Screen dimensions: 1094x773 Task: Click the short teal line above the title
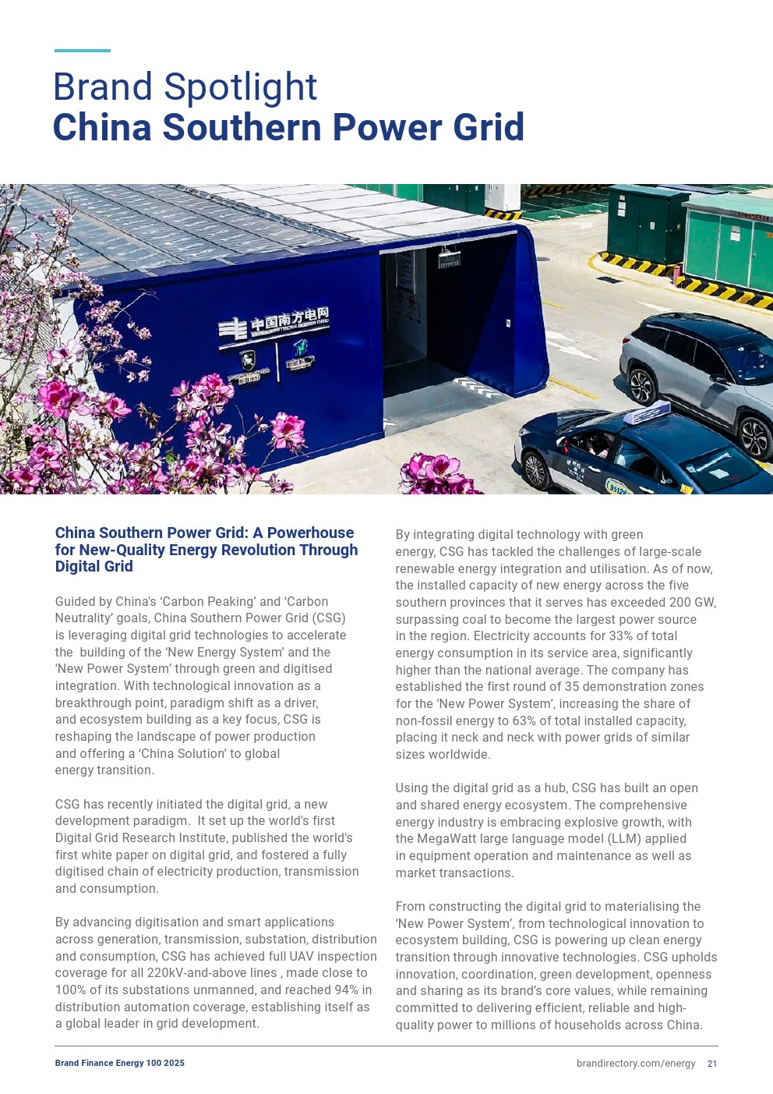click(83, 51)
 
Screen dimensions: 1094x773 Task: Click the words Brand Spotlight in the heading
click(185, 87)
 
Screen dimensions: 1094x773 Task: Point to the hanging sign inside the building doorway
click(448, 260)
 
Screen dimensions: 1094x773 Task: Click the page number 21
click(712, 1064)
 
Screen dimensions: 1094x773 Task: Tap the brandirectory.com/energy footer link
click(636, 1064)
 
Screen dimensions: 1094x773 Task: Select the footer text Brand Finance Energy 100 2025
click(120, 1064)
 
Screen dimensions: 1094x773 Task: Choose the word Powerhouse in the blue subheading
click(310, 533)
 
